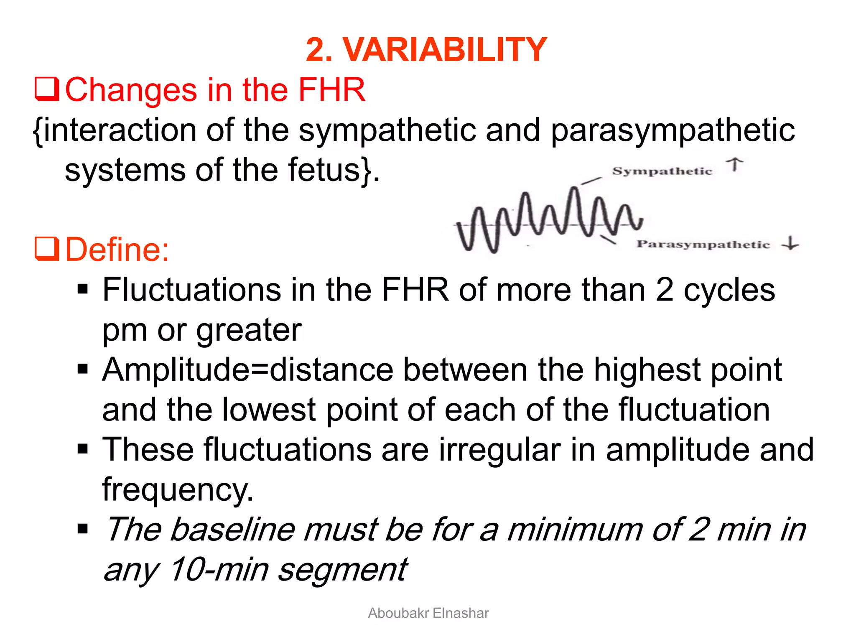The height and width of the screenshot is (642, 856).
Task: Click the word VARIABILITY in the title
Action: tap(445, 50)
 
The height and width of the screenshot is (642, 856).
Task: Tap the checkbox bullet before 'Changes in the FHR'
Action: tap(46, 89)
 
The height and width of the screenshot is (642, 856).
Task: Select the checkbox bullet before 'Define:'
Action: tap(46, 249)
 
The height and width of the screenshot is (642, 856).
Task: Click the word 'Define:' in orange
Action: tap(117, 250)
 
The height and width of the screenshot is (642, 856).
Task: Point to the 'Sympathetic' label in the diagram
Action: tap(662, 171)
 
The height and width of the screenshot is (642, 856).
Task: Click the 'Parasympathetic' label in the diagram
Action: tap(703, 245)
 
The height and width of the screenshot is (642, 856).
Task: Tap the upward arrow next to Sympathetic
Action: tap(734, 165)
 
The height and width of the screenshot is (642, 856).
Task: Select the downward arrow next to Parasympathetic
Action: tap(790, 243)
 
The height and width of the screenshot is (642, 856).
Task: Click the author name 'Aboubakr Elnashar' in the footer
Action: tap(428, 613)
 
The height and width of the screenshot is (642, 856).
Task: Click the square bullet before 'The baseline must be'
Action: tap(83, 529)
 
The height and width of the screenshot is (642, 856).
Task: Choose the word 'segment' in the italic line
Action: tap(343, 569)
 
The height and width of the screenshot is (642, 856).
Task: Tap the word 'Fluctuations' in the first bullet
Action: tap(192, 290)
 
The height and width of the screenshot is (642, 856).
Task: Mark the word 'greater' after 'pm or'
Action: tap(249, 330)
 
